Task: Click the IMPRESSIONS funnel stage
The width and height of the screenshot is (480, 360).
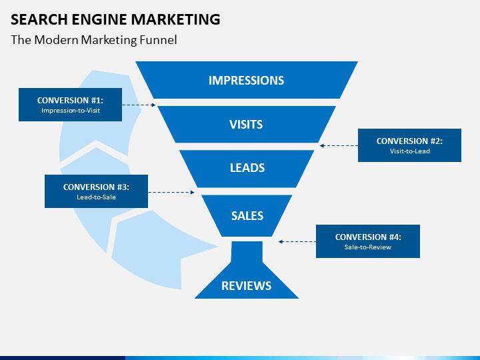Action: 246,80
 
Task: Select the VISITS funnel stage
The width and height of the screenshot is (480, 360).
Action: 246,124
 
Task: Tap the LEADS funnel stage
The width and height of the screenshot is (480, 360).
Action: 247,168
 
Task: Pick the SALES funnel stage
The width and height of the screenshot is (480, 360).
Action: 247,215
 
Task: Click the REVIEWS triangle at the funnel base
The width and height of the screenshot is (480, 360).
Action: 246,285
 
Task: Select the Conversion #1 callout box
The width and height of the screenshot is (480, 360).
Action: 70,105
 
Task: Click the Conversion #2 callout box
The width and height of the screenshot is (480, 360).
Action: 409,145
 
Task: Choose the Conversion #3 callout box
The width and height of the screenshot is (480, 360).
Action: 96,191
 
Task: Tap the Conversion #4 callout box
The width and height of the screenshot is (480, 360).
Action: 367,241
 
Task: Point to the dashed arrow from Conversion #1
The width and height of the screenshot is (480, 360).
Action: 139,105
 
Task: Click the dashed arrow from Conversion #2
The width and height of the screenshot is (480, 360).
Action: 339,145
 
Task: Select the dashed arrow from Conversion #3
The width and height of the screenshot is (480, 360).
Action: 171,192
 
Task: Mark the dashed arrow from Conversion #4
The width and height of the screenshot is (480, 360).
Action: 297,241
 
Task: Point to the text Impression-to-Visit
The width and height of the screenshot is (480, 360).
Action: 70,111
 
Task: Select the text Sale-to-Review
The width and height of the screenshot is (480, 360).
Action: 367,247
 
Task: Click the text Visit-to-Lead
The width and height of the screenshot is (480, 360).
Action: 409,151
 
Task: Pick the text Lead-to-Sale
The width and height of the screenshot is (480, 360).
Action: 96,197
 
